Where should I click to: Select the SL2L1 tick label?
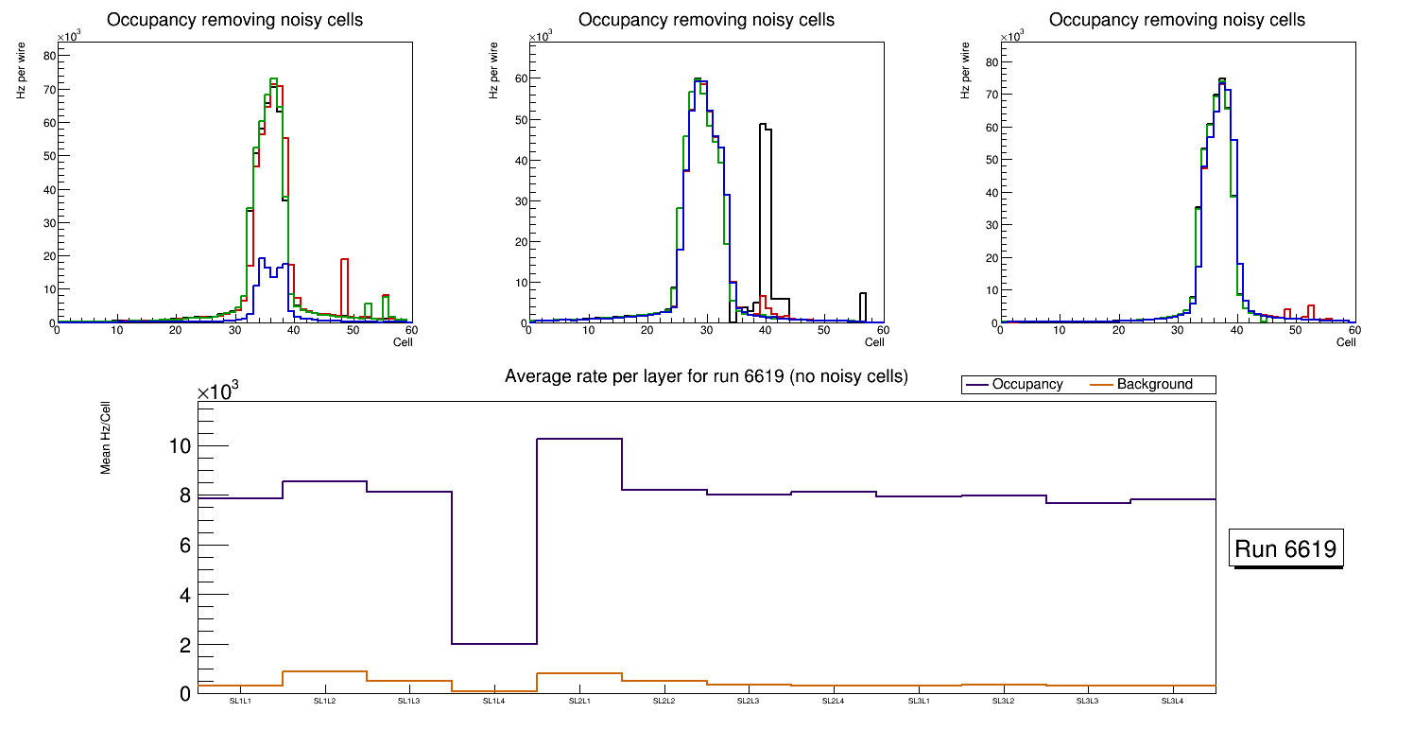click(x=579, y=702)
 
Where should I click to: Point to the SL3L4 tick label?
click(x=1173, y=702)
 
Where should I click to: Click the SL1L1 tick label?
click(x=240, y=702)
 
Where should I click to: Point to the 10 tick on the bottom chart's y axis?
click(x=180, y=446)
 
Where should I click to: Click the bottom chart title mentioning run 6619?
click(x=706, y=376)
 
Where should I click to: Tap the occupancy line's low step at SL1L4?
click(x=494, y=644)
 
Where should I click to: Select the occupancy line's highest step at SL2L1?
click(x=579, y=439)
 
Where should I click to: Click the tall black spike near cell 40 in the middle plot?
click(x=766, y=127)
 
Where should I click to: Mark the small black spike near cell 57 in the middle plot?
click(x=863, y=294)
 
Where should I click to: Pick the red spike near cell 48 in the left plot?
click(x=345, y=260)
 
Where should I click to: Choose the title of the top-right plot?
click(x=1177, y=19)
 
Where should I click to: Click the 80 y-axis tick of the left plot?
click(x=51, y=56)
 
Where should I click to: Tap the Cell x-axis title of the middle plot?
click(x=873, y=342)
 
